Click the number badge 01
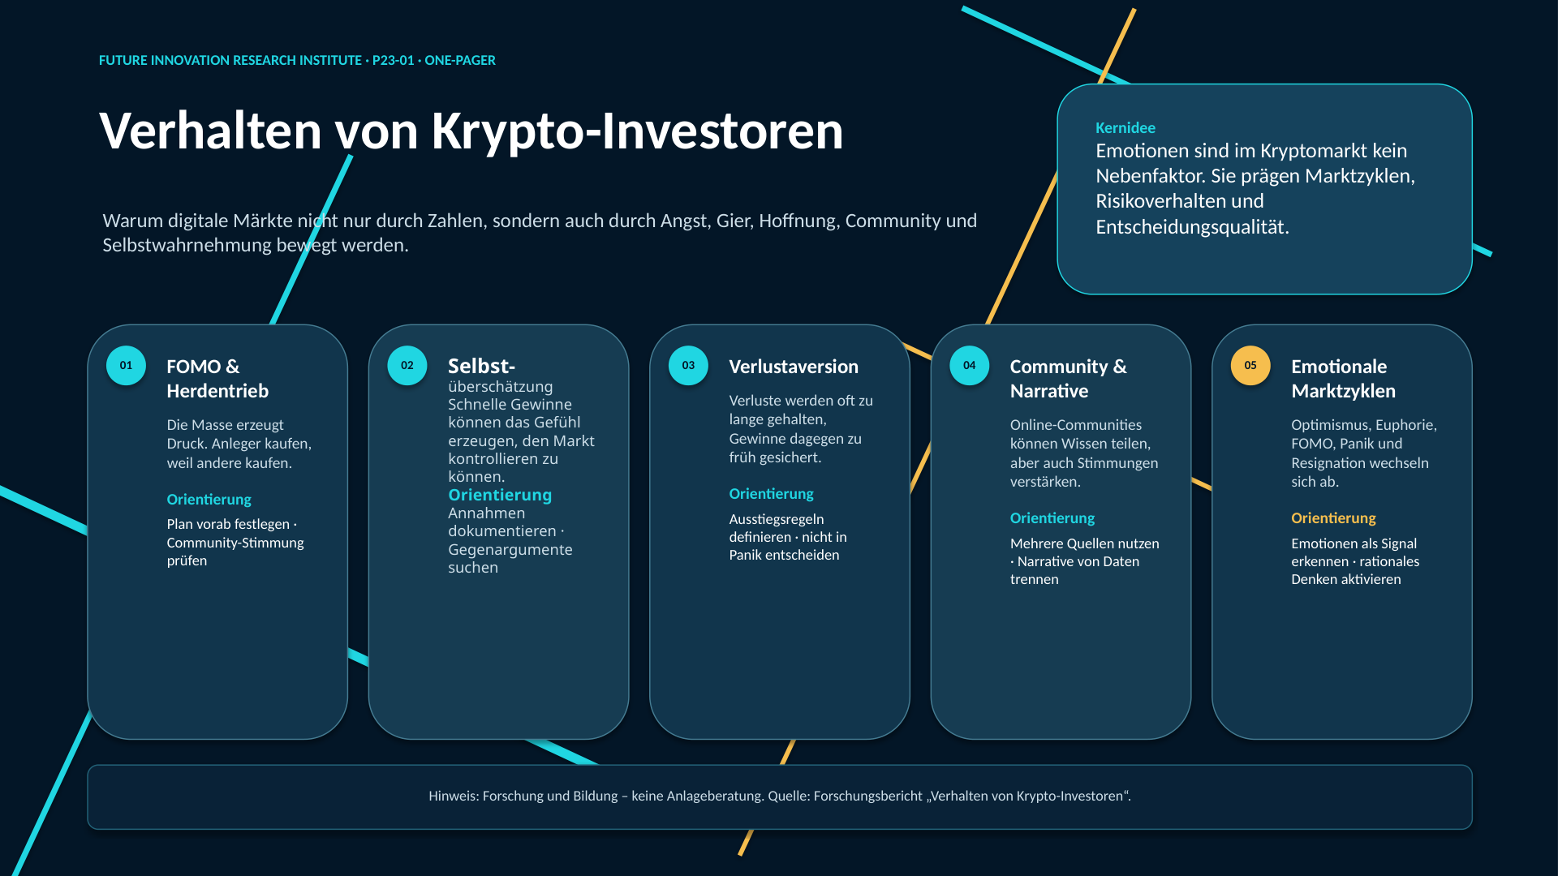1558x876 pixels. pos(126,365)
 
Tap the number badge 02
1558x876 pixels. pos(407,365)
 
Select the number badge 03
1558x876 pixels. pos(688,365)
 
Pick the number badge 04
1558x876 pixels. pos(970,365)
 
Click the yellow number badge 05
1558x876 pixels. pos(1250,365)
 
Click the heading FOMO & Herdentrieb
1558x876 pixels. pos(217,379)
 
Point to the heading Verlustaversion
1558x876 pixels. pos(794,367)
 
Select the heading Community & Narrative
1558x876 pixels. pos(1068,379)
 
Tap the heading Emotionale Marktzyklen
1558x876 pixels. pos(1343,379)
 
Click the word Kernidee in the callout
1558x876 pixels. pos(1125,127)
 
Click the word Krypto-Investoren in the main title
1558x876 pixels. pos(638,131)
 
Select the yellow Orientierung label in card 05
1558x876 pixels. pos(1333,517)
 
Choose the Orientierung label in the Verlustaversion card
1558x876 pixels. pos(771,493)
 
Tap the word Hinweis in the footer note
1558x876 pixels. pos(454,796)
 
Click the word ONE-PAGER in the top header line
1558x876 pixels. pos(460,60)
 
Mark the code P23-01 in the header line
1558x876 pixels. pos(393,60)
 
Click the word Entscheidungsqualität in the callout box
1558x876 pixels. pos(1192,227)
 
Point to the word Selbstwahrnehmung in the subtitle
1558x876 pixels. pos(187,245)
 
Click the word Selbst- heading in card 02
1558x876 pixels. pos(481,366)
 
